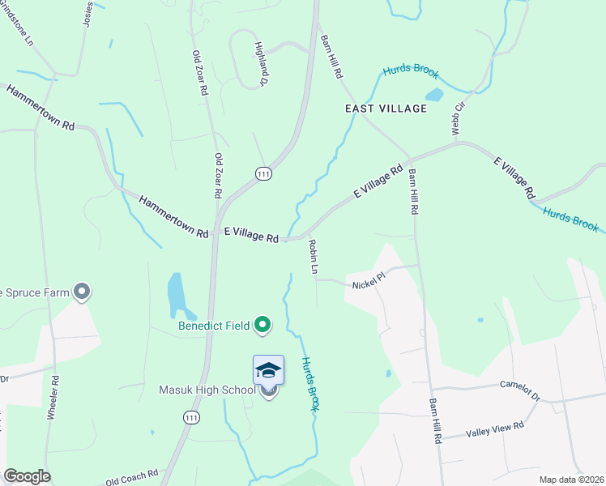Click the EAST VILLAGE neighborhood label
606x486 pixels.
386,109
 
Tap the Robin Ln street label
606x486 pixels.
313,255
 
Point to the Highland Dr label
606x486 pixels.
261,64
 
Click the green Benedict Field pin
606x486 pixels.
262,326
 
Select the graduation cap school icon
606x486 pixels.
268,371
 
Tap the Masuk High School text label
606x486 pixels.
207,390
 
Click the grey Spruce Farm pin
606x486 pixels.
81,292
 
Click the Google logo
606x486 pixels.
27,476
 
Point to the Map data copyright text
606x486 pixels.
571,480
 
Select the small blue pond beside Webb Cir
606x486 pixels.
434,95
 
